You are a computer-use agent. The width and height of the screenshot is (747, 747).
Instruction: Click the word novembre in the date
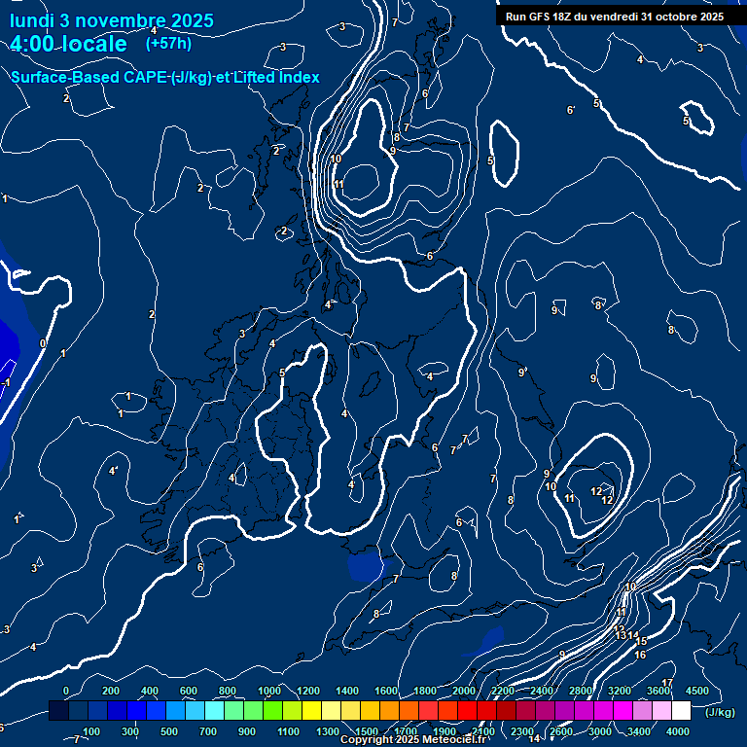tap(114, 21)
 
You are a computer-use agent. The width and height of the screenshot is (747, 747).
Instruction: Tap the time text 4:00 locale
tap(68, 45)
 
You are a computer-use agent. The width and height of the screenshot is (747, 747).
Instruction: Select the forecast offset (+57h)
tap(168, 44)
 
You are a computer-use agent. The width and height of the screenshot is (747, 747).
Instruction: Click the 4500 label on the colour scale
tap(697, 691)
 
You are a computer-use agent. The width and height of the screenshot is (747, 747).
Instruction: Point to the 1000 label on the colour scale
tap(269, 691)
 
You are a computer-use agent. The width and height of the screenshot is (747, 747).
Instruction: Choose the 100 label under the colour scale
tap(91, 731)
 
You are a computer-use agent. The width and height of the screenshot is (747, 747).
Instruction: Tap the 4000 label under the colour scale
tap(678, 731)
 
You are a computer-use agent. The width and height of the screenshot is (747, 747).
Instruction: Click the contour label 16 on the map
tap(640, 656)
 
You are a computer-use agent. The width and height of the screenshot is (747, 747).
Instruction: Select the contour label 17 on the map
tap(667, 683)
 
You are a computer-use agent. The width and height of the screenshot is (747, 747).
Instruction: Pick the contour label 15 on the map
tap(642, 642)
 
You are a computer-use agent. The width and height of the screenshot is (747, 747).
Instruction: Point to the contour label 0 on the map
tap(42, 343)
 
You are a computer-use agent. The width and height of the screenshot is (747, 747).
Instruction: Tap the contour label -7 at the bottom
tap(75, 740)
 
